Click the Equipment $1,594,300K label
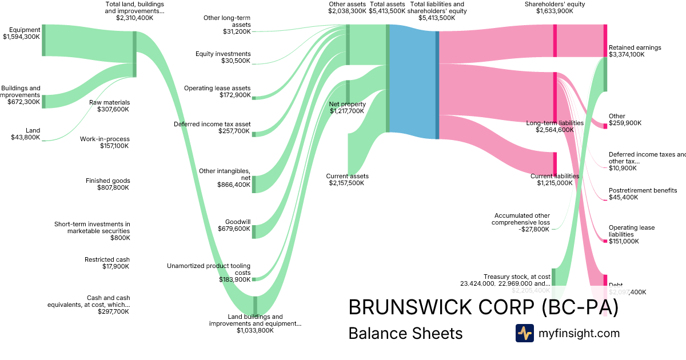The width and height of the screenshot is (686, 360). [22, 33]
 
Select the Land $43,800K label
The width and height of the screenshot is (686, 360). [26, 134]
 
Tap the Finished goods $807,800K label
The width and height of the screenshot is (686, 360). [107, 184]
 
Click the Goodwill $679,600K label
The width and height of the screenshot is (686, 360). [234, 225]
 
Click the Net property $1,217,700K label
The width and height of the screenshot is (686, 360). [346, 108]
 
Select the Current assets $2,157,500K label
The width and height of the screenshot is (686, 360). [347, 179]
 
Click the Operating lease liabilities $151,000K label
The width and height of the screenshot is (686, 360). [632, 234]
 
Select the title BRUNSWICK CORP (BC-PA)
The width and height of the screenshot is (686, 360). [483, 307]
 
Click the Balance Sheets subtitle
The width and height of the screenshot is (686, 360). [405, 333]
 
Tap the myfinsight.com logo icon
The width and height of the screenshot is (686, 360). [524, 333]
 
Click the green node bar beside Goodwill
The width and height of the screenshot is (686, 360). [254, 231]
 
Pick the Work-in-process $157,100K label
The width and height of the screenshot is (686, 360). [105, 142]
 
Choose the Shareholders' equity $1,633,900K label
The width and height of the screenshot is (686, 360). [555, 7]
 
